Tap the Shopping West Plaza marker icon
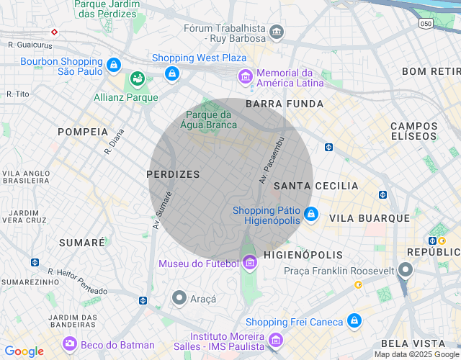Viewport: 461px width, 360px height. (x=171, y=73)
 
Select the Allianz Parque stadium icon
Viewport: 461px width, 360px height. (x=137, y=78)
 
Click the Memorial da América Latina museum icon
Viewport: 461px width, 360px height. (x=246, y=76)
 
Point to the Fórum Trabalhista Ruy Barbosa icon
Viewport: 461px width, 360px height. (x=277, y=33)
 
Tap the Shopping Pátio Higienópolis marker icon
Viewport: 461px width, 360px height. (x=310, y=214)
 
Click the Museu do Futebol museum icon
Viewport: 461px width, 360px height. (x=250, y=264)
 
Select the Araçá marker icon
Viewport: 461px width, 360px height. (x=179, y=297)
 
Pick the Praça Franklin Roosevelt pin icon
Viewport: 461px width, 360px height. (x=406, y=271)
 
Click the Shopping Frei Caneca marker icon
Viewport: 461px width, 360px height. (x=354, y=321)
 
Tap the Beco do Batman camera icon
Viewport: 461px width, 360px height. (x=70, y=344)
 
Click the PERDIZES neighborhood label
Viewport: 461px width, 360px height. (x=173, y=174)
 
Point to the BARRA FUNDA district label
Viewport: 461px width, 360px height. (x=274, y=104)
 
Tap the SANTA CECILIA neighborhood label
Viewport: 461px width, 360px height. (x=316, y=186)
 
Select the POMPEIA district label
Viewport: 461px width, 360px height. (x=83, y=132)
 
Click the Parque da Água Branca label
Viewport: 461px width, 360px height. (x=212, y=120)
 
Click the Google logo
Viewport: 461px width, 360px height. (x=24, y=351)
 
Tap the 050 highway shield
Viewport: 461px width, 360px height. (x=426, y=24)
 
